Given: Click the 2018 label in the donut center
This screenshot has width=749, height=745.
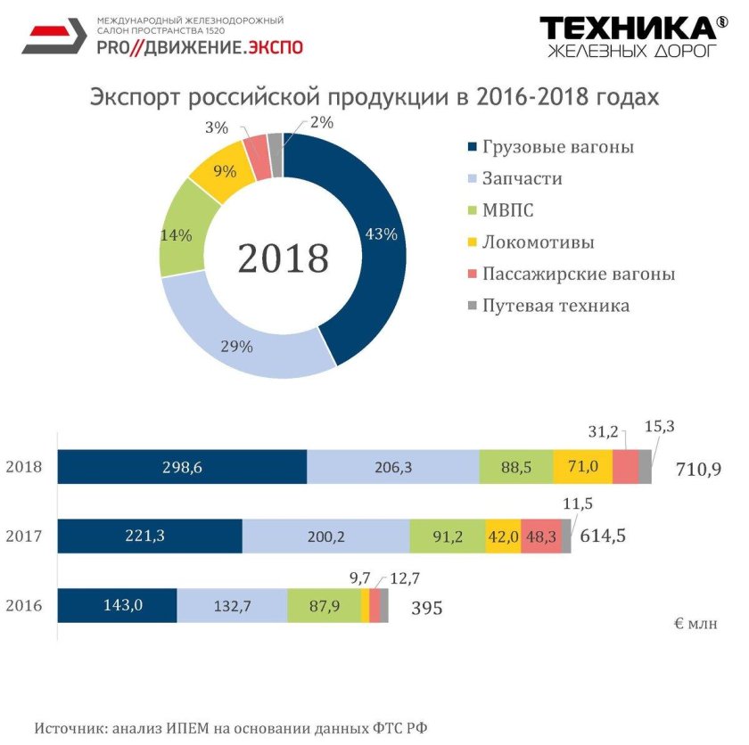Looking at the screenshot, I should pos(283,258).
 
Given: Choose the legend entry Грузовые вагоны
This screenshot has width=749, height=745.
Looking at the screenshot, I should pos(557,147).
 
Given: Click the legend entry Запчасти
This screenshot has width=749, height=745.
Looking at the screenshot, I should pos(522,178).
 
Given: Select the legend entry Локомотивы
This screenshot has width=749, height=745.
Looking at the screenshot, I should pos(538,242).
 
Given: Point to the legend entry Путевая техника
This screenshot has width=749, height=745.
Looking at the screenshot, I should pos(556,306).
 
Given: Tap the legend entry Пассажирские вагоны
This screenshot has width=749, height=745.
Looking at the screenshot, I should pos(578,274).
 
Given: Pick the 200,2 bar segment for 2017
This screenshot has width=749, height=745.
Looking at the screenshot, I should pos(325,536).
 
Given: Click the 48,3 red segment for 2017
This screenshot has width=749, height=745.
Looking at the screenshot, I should pos(541,536).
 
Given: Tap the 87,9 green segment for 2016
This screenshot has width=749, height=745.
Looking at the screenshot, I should pos(324,606).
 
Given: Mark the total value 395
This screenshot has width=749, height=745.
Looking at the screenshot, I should pos(426,608).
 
